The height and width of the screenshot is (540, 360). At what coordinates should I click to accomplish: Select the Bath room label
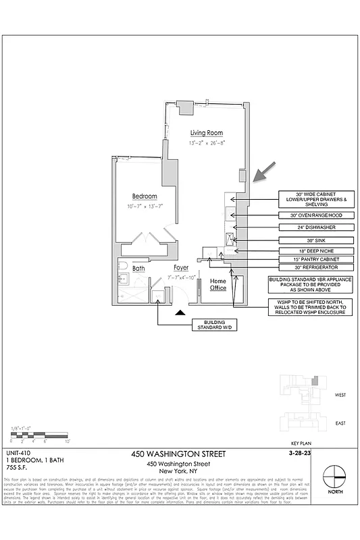(138, 269)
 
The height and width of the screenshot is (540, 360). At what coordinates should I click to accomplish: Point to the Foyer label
(181, 268)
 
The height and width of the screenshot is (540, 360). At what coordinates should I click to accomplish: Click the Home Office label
(217, 284)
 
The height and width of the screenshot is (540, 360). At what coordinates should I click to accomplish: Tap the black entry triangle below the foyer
(179, 313)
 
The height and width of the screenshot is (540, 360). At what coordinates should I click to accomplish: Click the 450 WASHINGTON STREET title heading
(179, 454)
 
